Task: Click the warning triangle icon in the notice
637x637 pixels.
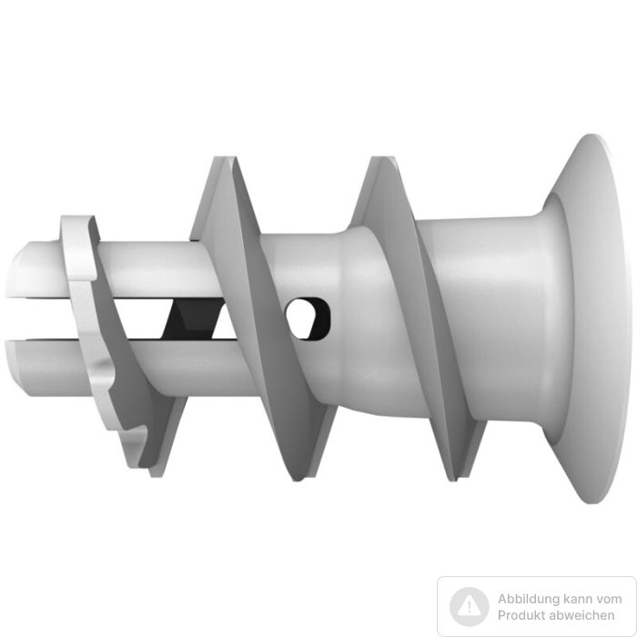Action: (x=470, y=607)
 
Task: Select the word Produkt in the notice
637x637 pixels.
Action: (x=521, y=615)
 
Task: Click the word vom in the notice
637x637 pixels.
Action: (x=608, y=599)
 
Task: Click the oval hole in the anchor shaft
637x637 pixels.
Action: (x=308, y=318)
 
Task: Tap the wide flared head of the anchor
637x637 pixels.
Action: (x=593, y=318)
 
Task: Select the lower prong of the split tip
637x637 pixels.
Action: (x=122, y=366)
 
